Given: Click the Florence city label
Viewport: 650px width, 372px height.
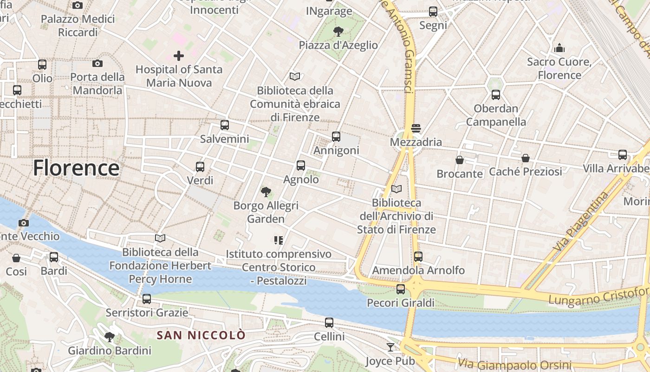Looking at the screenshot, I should pyautogui.click(x=76, y=168).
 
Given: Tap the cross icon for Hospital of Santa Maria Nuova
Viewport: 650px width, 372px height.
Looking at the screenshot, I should pyautogui.click(x=179, y=56).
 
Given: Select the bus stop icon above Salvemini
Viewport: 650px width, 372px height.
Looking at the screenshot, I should pyautogui.click(x=225, y=125).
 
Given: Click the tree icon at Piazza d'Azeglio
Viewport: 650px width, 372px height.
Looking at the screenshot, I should pyautogui.click(x=338, y=32).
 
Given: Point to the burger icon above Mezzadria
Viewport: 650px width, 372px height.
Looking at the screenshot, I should pyautogui.click(x=416, y=128).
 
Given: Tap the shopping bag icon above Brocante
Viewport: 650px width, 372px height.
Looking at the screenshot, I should pyautogui.click(x=460, y=160).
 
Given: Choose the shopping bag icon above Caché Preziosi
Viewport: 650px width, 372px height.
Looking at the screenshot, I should pyautogui.click(x=526, y=158).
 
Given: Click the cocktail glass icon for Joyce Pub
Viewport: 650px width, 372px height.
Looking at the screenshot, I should pyautogui.click(x=390, y=347).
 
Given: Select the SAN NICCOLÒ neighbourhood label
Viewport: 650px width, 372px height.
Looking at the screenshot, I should pyautogui.click(x=201, y=335).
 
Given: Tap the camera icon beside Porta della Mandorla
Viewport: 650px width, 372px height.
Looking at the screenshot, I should pyautogui.click(x=97, y=64).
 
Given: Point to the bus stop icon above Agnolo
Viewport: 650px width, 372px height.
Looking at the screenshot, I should pyautogui.click(x=301, y=166).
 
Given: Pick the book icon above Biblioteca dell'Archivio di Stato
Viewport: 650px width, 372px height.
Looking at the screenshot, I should pyautogui.click(x=396, y=189).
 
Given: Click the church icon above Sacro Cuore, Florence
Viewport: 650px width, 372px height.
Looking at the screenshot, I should pyautogui.click(x=559, y=48).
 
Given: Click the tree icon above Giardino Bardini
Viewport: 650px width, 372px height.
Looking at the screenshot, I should pyautogui.click(x=110, y=337).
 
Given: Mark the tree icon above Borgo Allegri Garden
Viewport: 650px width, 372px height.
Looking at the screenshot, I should pyautogui.click(x=266, y=192).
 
